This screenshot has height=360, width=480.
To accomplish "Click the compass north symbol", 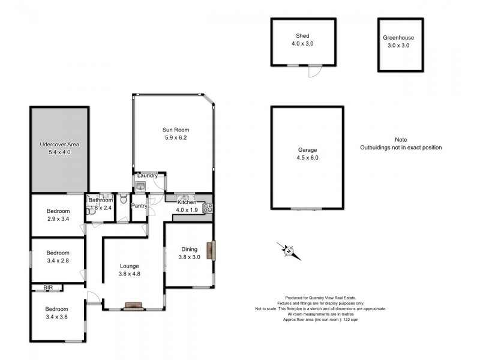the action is coord(289,251).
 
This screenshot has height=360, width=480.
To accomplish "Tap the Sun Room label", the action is coord(176,130).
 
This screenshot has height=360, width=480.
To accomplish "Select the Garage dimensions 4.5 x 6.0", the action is coord(307,158).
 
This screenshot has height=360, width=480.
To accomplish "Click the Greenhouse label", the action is coord(398,38).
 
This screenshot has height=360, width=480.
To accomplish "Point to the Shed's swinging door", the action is coord(314,71).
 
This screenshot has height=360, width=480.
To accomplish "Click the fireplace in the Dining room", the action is coord(211,250).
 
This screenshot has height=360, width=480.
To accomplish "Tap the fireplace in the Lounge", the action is coord(133,306).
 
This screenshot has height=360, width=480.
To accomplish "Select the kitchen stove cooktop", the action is coord(208,208).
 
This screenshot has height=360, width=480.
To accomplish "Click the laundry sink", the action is coord(140,186).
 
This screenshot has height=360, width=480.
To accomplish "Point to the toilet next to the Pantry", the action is coord(124,199).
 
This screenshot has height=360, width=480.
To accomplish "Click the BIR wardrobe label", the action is coord(48,287).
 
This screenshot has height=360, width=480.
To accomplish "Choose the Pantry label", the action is coord(139,206).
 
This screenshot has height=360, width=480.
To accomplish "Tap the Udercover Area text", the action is coord(59,145).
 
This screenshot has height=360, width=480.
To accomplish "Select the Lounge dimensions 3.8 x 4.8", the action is coord(130,274).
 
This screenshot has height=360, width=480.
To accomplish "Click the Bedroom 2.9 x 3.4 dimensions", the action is coord(58,219).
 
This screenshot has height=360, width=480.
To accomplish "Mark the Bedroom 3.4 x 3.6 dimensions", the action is coord(56,317).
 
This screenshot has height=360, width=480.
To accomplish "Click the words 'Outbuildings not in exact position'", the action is coord(401,148).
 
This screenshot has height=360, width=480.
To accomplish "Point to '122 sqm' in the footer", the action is coord(351,320).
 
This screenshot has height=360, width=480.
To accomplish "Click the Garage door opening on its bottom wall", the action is coord(307,209).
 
